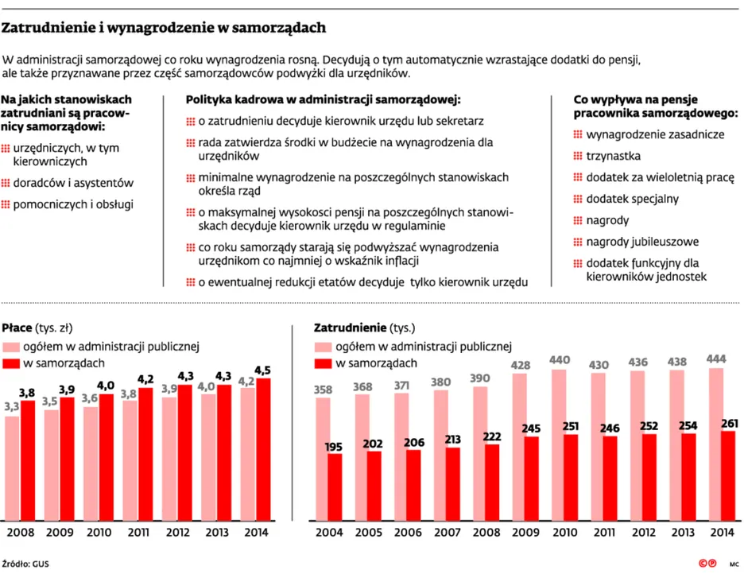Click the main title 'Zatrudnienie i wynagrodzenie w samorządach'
pyautogui.click(x=164, y=29)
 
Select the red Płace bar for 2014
pyautogui.click(x=262, y=449)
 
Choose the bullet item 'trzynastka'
pyautogui.click(x=613, y=156)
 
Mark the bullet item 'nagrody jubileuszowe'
pyautogui.click(x=642, y=241)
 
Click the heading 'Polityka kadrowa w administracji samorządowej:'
pyautogui.click(x=324, y=100)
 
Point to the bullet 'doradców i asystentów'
pyautogui.click(x=73, y=182)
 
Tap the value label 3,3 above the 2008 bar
pyautogui.click(x=12, y=407)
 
